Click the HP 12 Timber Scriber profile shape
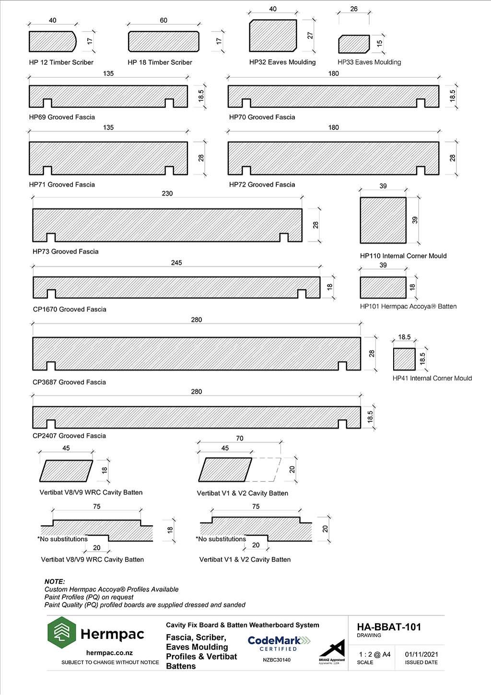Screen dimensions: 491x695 52,41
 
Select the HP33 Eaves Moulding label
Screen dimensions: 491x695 369,62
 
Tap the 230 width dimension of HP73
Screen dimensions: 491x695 167,193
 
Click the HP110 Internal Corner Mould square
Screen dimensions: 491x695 383,220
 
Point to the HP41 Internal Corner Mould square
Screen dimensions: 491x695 404,359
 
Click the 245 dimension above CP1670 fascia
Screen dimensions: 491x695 176,262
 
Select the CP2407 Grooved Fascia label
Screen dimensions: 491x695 69,436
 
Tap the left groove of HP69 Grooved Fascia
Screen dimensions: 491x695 47,103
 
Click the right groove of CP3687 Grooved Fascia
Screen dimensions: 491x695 342,366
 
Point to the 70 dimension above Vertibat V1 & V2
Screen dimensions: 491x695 239,438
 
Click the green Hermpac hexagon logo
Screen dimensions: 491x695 62,632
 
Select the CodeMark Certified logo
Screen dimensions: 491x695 279,644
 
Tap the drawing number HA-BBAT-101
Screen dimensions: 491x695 389,627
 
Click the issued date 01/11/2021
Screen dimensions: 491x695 421,654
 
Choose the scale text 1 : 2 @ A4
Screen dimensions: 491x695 374,654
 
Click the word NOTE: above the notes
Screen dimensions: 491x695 55,581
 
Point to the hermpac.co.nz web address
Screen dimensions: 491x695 109,653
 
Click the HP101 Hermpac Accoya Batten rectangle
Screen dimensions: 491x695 383,288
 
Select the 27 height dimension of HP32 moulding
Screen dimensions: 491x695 310,35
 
